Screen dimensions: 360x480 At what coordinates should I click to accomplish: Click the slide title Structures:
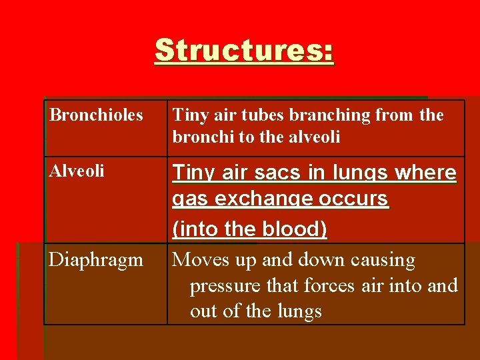[x=244, y=51]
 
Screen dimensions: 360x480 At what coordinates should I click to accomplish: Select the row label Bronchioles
[x=96, y=115]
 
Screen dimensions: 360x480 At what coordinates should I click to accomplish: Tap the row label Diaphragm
[x=95, y=260]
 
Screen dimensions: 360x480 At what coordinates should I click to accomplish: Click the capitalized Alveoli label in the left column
[x=77, y=171]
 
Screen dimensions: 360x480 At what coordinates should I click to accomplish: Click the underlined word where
[x=427, y=173]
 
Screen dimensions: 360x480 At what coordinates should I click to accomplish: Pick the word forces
[x=329, y=286]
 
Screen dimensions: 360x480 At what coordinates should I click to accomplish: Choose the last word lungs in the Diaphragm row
[x=298, y=311]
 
